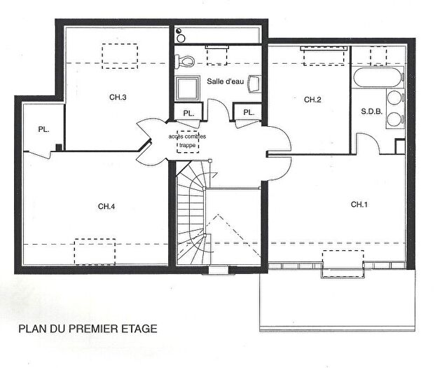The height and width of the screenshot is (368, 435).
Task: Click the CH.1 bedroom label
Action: pos(359,204)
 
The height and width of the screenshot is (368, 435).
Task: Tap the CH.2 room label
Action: pos(312,100)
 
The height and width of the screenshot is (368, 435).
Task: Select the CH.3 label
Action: pos(118,97)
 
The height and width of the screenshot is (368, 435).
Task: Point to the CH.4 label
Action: pos(106,206)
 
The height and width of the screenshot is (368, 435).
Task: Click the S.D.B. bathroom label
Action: pos(371,111)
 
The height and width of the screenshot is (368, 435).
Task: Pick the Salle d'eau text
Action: pos(225,82)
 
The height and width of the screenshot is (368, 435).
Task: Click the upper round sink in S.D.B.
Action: pos(395,99)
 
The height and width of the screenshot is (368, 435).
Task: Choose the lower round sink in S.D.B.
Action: pos(395,119)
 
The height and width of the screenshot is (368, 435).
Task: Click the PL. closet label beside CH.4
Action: pos(43,129)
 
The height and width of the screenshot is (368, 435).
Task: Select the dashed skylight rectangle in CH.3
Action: pos(120,54)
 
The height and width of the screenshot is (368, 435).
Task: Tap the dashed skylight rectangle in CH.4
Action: pos(95,250)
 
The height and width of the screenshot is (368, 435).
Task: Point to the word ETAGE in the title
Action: pos(140,328)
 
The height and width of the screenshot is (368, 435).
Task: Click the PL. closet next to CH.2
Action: pos(248,113)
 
